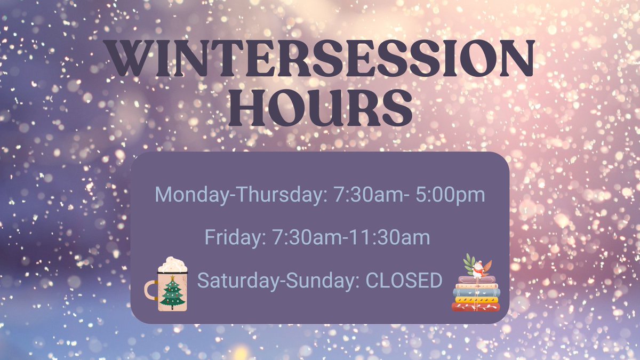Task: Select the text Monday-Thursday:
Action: (239, 195)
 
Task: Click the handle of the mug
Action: (151, 290)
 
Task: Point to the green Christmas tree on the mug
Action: (172, 294)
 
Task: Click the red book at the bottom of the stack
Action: (476, 307)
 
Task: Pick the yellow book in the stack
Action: (476, 300)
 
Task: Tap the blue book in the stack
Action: (476, 292)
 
